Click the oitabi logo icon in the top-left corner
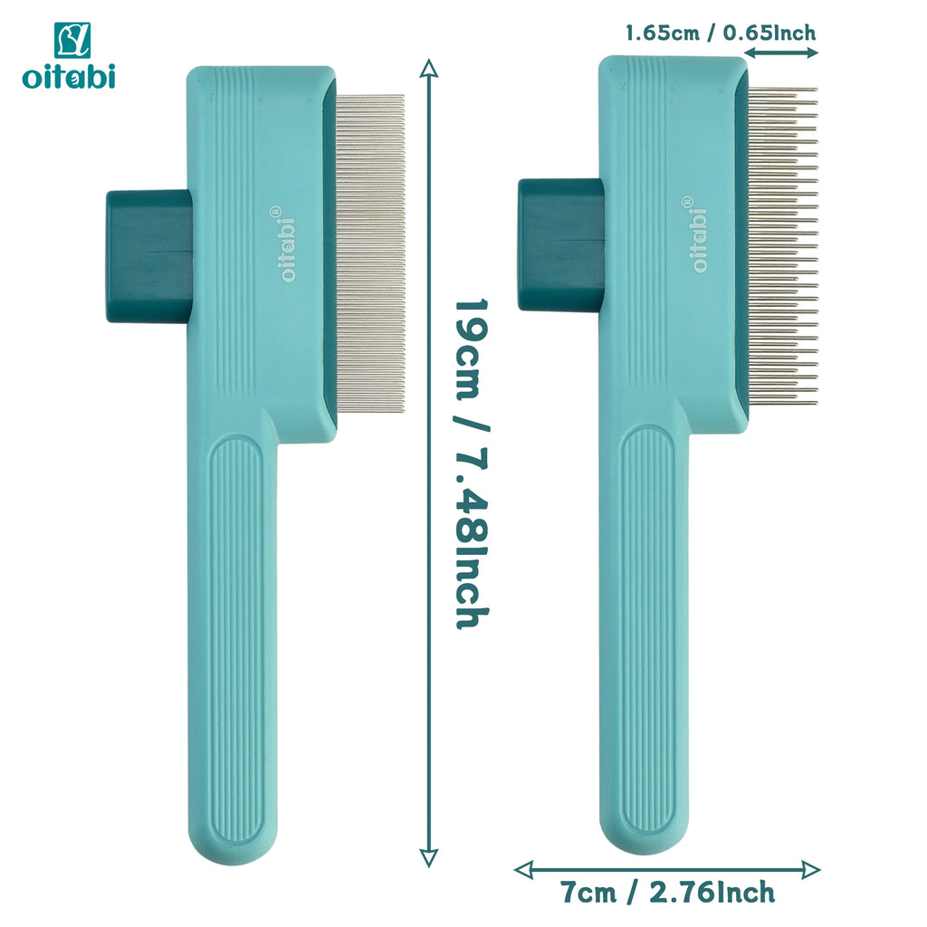[72, 40]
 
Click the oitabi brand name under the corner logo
[69, 76]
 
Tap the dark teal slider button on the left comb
[149, 256]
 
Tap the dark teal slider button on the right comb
[561, 244]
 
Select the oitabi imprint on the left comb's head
[286, 244]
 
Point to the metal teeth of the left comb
[370, 253]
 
